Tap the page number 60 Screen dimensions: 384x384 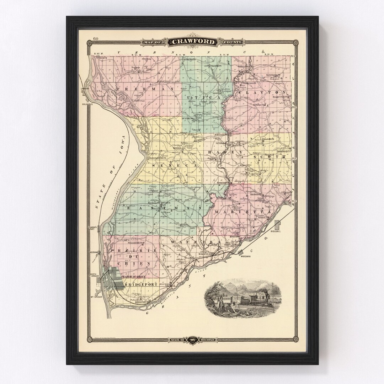96,39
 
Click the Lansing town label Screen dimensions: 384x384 85,89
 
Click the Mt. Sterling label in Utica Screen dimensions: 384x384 187,118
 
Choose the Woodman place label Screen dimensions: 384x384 246,256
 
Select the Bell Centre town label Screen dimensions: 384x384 221,135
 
